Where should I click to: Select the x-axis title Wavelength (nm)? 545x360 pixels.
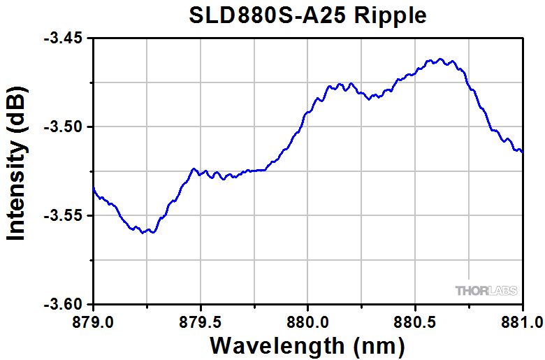pos(307,345)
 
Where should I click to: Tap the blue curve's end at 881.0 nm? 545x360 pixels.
pos(522,152)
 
